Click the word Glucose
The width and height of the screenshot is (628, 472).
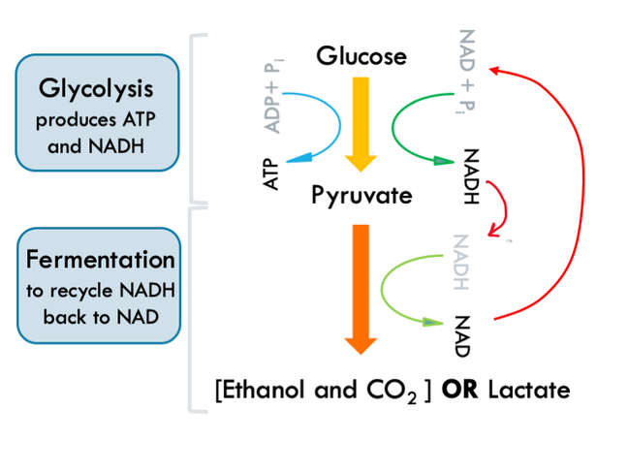(x=361, y=56)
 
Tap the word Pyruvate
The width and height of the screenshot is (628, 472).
(x=361, y=196)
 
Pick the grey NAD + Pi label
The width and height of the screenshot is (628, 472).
(x=467, y=75)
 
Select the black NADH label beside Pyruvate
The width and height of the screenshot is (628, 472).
(x=470, y=176)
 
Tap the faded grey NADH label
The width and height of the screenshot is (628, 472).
(x=460, y=262)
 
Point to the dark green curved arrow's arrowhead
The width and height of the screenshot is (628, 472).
(x=444, y=163)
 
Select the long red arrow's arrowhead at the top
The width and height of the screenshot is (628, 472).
(x=495, y=70)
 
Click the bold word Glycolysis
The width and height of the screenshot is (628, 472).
(x=96, y=88)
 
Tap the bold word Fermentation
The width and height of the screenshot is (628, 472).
(x=101, y=260)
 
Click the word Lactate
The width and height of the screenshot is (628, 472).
(x=529, y=391)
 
